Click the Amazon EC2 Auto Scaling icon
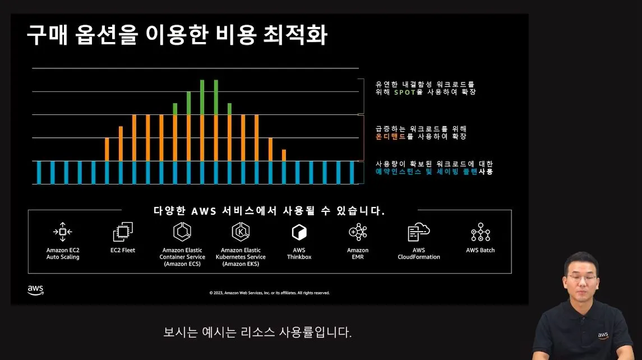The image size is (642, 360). [63, 231]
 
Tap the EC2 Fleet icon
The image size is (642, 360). [123, 232]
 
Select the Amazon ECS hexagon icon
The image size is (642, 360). [182, 231]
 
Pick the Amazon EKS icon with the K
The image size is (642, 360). [240, 231]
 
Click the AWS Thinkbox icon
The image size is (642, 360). [299, 232]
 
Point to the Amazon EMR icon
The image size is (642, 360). [357, 231]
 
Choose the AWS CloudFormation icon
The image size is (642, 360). [418, 231]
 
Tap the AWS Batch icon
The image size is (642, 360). [481, 232]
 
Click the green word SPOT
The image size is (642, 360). [404, 92]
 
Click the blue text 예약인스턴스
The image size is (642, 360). [398, 172]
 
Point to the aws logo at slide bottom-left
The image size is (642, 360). [35, 290]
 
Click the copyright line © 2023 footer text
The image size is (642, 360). [269, 293]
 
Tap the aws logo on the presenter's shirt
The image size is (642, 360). [603, 335]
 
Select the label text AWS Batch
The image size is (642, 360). [481, 250]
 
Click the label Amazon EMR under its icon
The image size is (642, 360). [358, 253]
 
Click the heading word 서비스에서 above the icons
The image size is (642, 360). [256, 211]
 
